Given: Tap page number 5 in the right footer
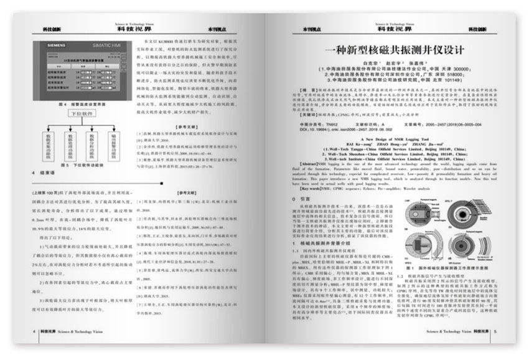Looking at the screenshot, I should [495, 331].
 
